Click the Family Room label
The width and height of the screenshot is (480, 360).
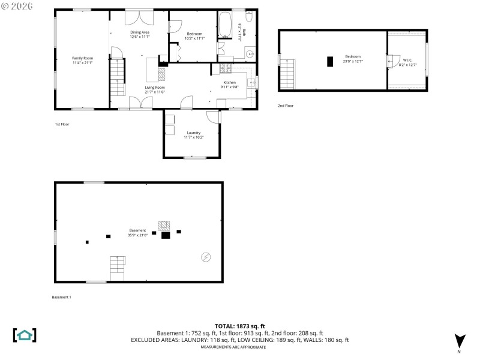[83, 58]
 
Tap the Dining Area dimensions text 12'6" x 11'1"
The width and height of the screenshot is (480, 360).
[139, 37]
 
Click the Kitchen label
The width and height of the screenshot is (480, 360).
[230, 82]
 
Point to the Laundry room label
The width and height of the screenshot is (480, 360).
[193, 133]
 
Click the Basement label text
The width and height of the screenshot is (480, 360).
[137, 230]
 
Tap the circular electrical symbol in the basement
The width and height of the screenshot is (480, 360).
[206, 257]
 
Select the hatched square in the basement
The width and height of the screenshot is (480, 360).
[164, 226]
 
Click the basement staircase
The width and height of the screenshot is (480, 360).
[118, 268]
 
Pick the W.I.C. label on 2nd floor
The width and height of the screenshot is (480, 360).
[407, 60]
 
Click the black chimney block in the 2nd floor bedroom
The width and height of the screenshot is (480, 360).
[329, 61]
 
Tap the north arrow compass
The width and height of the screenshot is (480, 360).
[460, 341]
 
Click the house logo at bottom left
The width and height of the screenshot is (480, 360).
[25, 335]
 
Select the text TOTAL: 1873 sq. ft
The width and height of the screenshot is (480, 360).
[240, 326]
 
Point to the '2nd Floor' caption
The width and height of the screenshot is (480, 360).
[286, 106]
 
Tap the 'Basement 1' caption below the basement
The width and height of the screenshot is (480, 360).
[62, 297]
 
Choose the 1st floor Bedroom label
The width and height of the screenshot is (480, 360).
[193, 34]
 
